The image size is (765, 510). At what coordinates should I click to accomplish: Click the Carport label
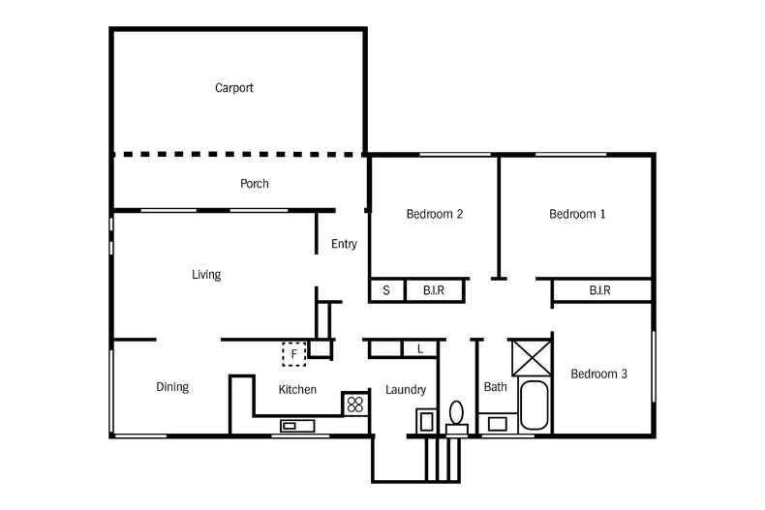tap(234, 88)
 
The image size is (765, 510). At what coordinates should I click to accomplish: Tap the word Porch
tap(255, 184)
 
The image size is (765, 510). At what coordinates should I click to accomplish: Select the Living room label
tap(206, 275)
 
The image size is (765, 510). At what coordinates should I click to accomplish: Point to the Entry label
tap(344, 244)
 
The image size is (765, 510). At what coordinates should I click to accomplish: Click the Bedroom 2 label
tap(434, 214)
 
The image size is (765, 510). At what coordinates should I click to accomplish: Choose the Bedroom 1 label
tap(577, 214)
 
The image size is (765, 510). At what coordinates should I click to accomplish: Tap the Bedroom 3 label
tap(598, 374)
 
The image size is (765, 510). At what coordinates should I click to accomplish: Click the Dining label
tap(172, 387)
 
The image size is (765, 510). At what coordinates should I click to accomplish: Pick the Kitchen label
tap(297, 390)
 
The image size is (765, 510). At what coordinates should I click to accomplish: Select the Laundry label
tap(406, 390)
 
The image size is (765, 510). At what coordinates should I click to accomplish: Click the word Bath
tap(495, 387)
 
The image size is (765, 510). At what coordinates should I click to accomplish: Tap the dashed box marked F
tap(294, 354)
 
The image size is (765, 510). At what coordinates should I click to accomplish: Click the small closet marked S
tap(386, 290)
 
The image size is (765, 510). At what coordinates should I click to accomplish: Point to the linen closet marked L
tap(419, 348)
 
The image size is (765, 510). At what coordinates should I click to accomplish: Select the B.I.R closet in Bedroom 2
tap(435, 290)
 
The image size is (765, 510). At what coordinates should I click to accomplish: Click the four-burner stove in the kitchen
tap(355, 404)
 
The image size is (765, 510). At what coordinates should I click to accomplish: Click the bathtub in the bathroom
tap(534, 406)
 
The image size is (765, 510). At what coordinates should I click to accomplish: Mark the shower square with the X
tap(530, 355)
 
